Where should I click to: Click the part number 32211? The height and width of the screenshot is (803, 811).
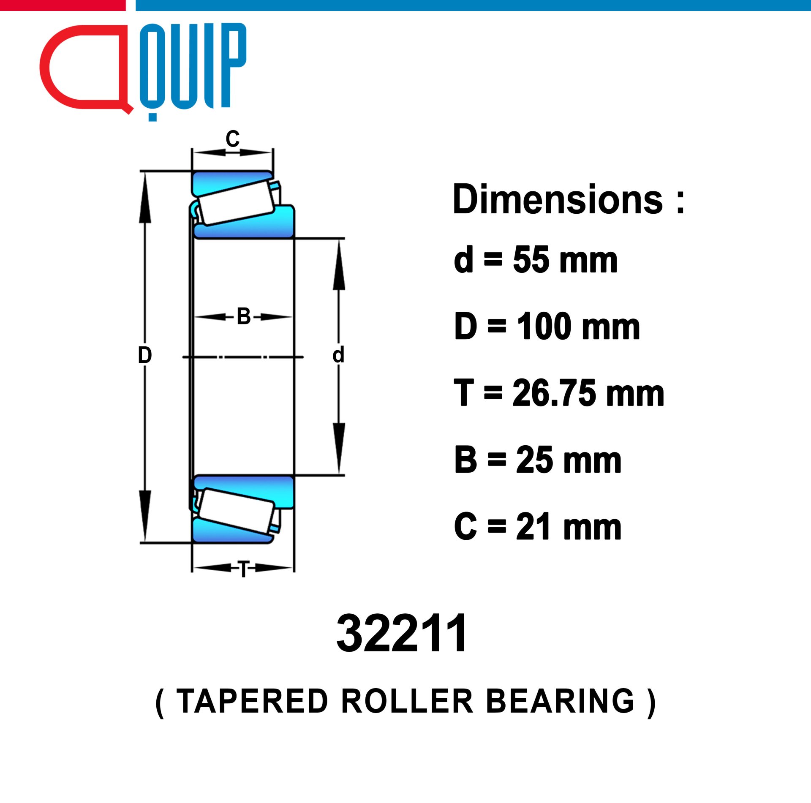click(x=402, y=633)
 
